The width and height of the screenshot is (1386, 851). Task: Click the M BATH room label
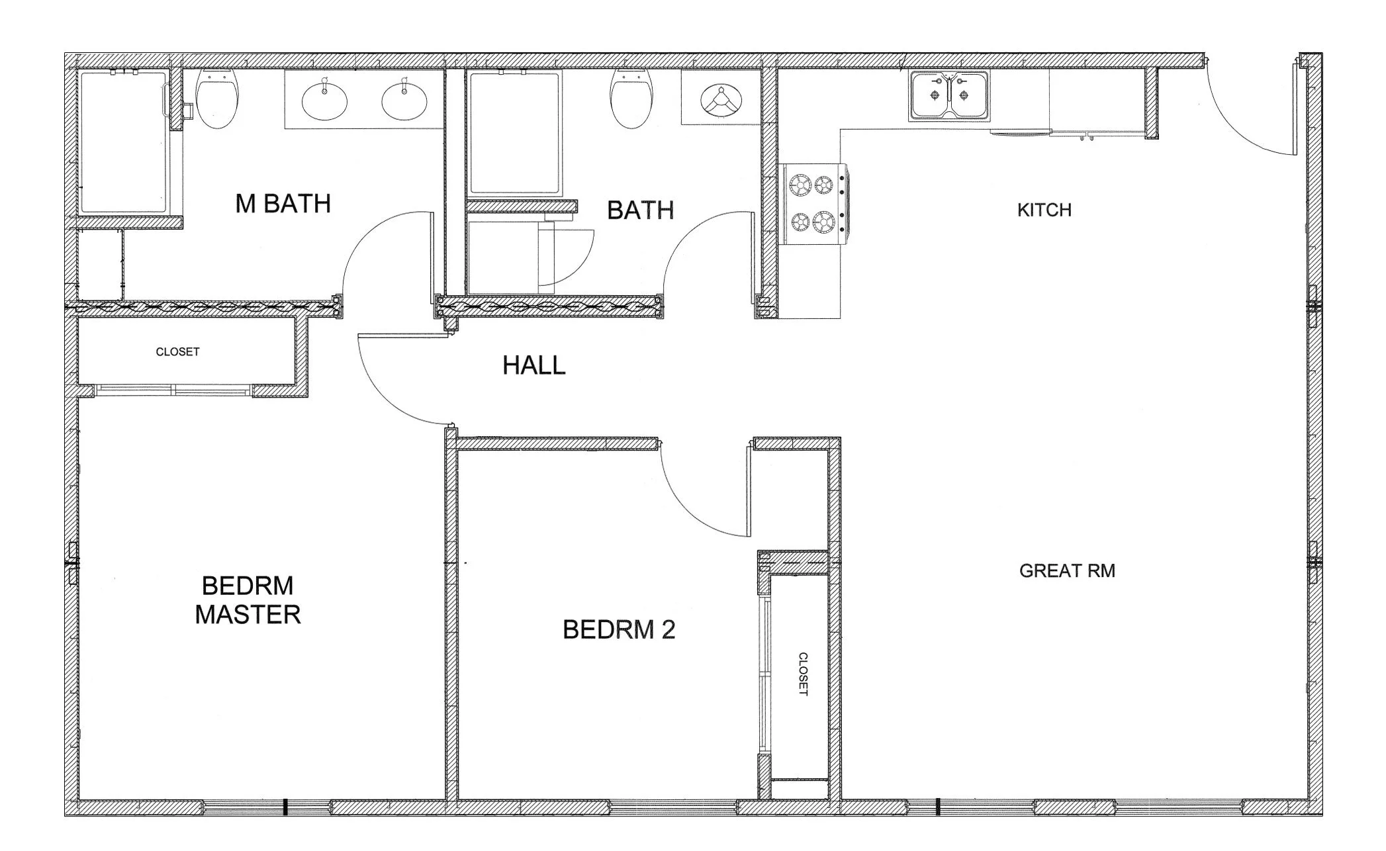coord(283,204)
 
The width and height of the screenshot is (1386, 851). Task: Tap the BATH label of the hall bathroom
coord(640,210)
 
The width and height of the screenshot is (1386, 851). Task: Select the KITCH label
coord(1044,210)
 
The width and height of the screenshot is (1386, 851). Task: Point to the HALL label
coord(533,365)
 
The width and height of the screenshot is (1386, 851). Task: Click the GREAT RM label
coord(1067,570)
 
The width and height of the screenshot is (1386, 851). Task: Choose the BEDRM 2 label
coord(619,630)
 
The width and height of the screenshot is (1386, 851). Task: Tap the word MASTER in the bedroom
coord(248,615)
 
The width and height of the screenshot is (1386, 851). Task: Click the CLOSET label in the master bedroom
coord(177,352)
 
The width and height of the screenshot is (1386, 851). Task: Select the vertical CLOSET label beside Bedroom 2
coord(803,674)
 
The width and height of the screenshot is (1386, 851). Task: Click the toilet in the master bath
coord(217,99)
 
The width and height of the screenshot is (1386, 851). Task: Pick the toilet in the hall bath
coord(631,99)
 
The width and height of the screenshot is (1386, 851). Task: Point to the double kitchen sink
coord(949,97)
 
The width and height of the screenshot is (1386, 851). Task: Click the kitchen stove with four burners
coord(813,204)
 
